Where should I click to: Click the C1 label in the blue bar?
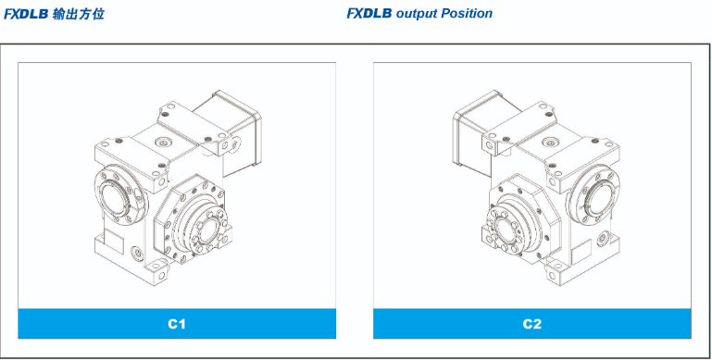tap(177, 324)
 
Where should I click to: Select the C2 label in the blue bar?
tap(531, 324)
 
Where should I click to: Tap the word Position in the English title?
tap(467, 14)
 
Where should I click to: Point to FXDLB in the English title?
tap(369, 14)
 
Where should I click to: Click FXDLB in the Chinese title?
tap(26, 14)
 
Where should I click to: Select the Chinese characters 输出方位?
tap(78, 14)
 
